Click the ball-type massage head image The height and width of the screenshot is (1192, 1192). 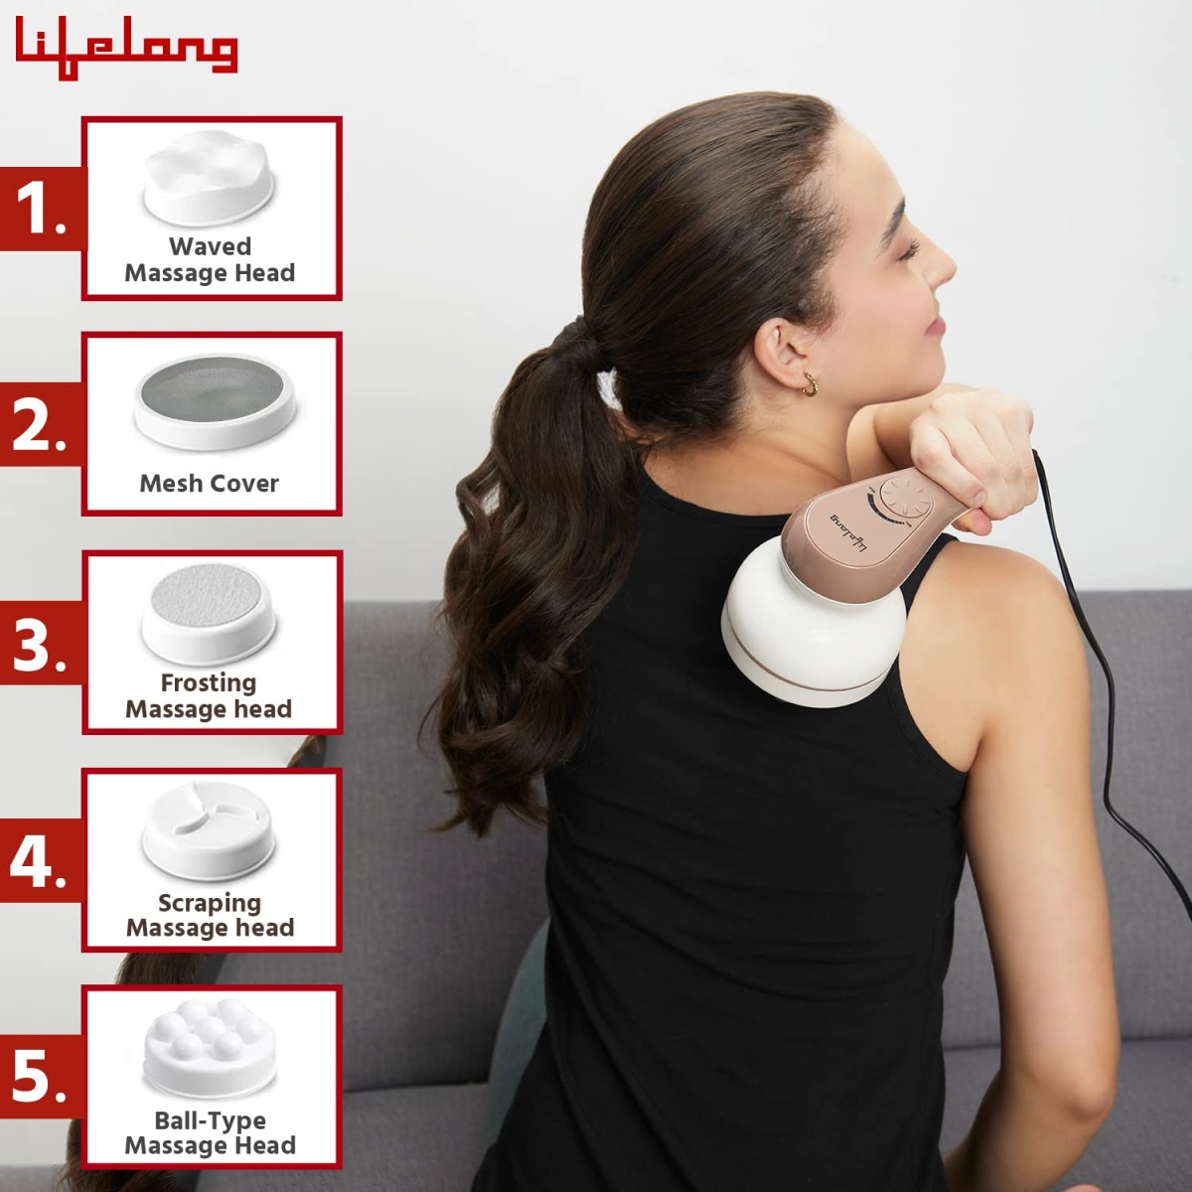209,1048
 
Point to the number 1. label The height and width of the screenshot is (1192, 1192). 41,209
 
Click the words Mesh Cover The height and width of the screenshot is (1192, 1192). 209,484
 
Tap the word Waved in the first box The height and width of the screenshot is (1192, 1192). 210,246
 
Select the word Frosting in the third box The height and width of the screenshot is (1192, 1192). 209,683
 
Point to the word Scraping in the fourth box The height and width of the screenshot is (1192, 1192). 210,903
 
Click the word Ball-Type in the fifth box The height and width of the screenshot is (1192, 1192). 210,1120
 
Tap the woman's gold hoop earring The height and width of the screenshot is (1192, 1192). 811,384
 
